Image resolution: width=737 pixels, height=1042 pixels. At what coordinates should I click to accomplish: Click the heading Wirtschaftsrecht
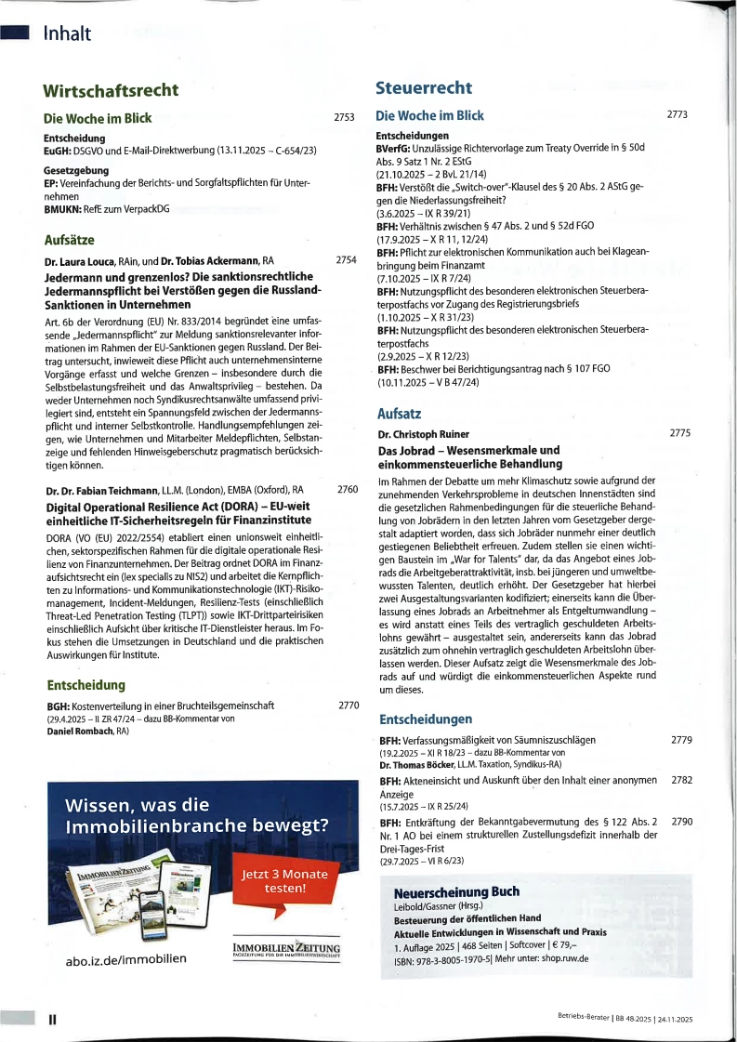111,90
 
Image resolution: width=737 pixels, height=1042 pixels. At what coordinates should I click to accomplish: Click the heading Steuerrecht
424,88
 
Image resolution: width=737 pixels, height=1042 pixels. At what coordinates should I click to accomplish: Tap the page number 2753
344,118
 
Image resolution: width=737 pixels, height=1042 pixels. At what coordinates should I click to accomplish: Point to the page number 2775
680,433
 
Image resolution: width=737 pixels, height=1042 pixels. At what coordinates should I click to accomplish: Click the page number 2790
681,822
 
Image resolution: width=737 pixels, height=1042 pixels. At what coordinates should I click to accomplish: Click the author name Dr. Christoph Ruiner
424,434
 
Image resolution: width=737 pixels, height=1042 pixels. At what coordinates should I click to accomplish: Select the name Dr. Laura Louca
83,261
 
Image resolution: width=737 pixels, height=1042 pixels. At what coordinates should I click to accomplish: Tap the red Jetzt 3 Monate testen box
285,881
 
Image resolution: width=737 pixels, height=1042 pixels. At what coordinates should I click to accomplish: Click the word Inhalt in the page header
67,33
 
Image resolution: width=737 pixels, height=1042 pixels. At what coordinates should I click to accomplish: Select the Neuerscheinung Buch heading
456,892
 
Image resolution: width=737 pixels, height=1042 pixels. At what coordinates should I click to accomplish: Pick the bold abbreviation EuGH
59,150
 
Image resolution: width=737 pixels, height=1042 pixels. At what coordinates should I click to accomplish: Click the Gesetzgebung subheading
77,170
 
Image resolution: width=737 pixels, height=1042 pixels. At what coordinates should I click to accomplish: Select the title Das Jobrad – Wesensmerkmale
468,450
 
